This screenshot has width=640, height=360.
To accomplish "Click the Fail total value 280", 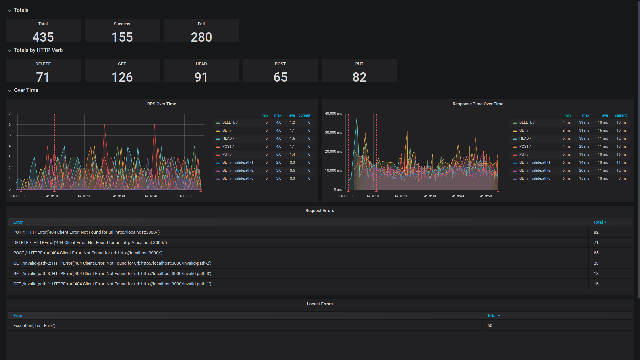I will pyautogui.click(x=201, y=37).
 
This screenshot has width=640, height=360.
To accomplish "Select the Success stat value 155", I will pyautogui.click(x=122, y=37).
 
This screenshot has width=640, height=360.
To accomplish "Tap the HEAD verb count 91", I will pyautogui.click(x=201, y=77).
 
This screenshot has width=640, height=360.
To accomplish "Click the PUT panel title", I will pyautogui.click(x=359, y=64).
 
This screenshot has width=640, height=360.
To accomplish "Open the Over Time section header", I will pyautogui.click(x=26, y=90).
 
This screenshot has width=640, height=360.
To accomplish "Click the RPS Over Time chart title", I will pyautogui.click(x=161, y=104).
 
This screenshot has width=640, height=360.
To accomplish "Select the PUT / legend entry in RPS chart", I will pyautogui.click(x=227, y=154).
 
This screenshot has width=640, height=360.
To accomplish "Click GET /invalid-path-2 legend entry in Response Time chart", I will pyautogui.click(x=534, y=170).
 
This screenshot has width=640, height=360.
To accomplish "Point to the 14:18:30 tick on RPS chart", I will pyautogui.click(x=118, y=196).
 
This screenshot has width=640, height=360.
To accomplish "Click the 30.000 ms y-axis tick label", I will pyautogui.click(x=333, y=132).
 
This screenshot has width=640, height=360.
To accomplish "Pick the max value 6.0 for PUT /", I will pyautogui.click(x=278, y=154).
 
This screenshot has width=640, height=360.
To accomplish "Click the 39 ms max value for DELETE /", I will pyautogui.click(x=584, y=122).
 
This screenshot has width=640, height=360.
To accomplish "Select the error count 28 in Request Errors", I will pyautogui.click(x=596, y=263).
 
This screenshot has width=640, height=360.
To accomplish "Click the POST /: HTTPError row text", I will pyautogui.click(x=88, y=253).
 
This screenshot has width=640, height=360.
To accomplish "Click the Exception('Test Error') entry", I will pyautogui.click(x=34, y=326).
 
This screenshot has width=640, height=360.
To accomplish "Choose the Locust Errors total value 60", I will pyautogui.click(x=489, y=326).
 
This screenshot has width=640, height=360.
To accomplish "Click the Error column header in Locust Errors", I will pyautogui.click(x=18, y=316).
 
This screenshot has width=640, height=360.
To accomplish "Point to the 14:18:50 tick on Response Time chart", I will pyautogui.click(x=485, y=196).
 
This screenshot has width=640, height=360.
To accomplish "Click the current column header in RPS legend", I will pyautogui.click(x=304, y=115).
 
